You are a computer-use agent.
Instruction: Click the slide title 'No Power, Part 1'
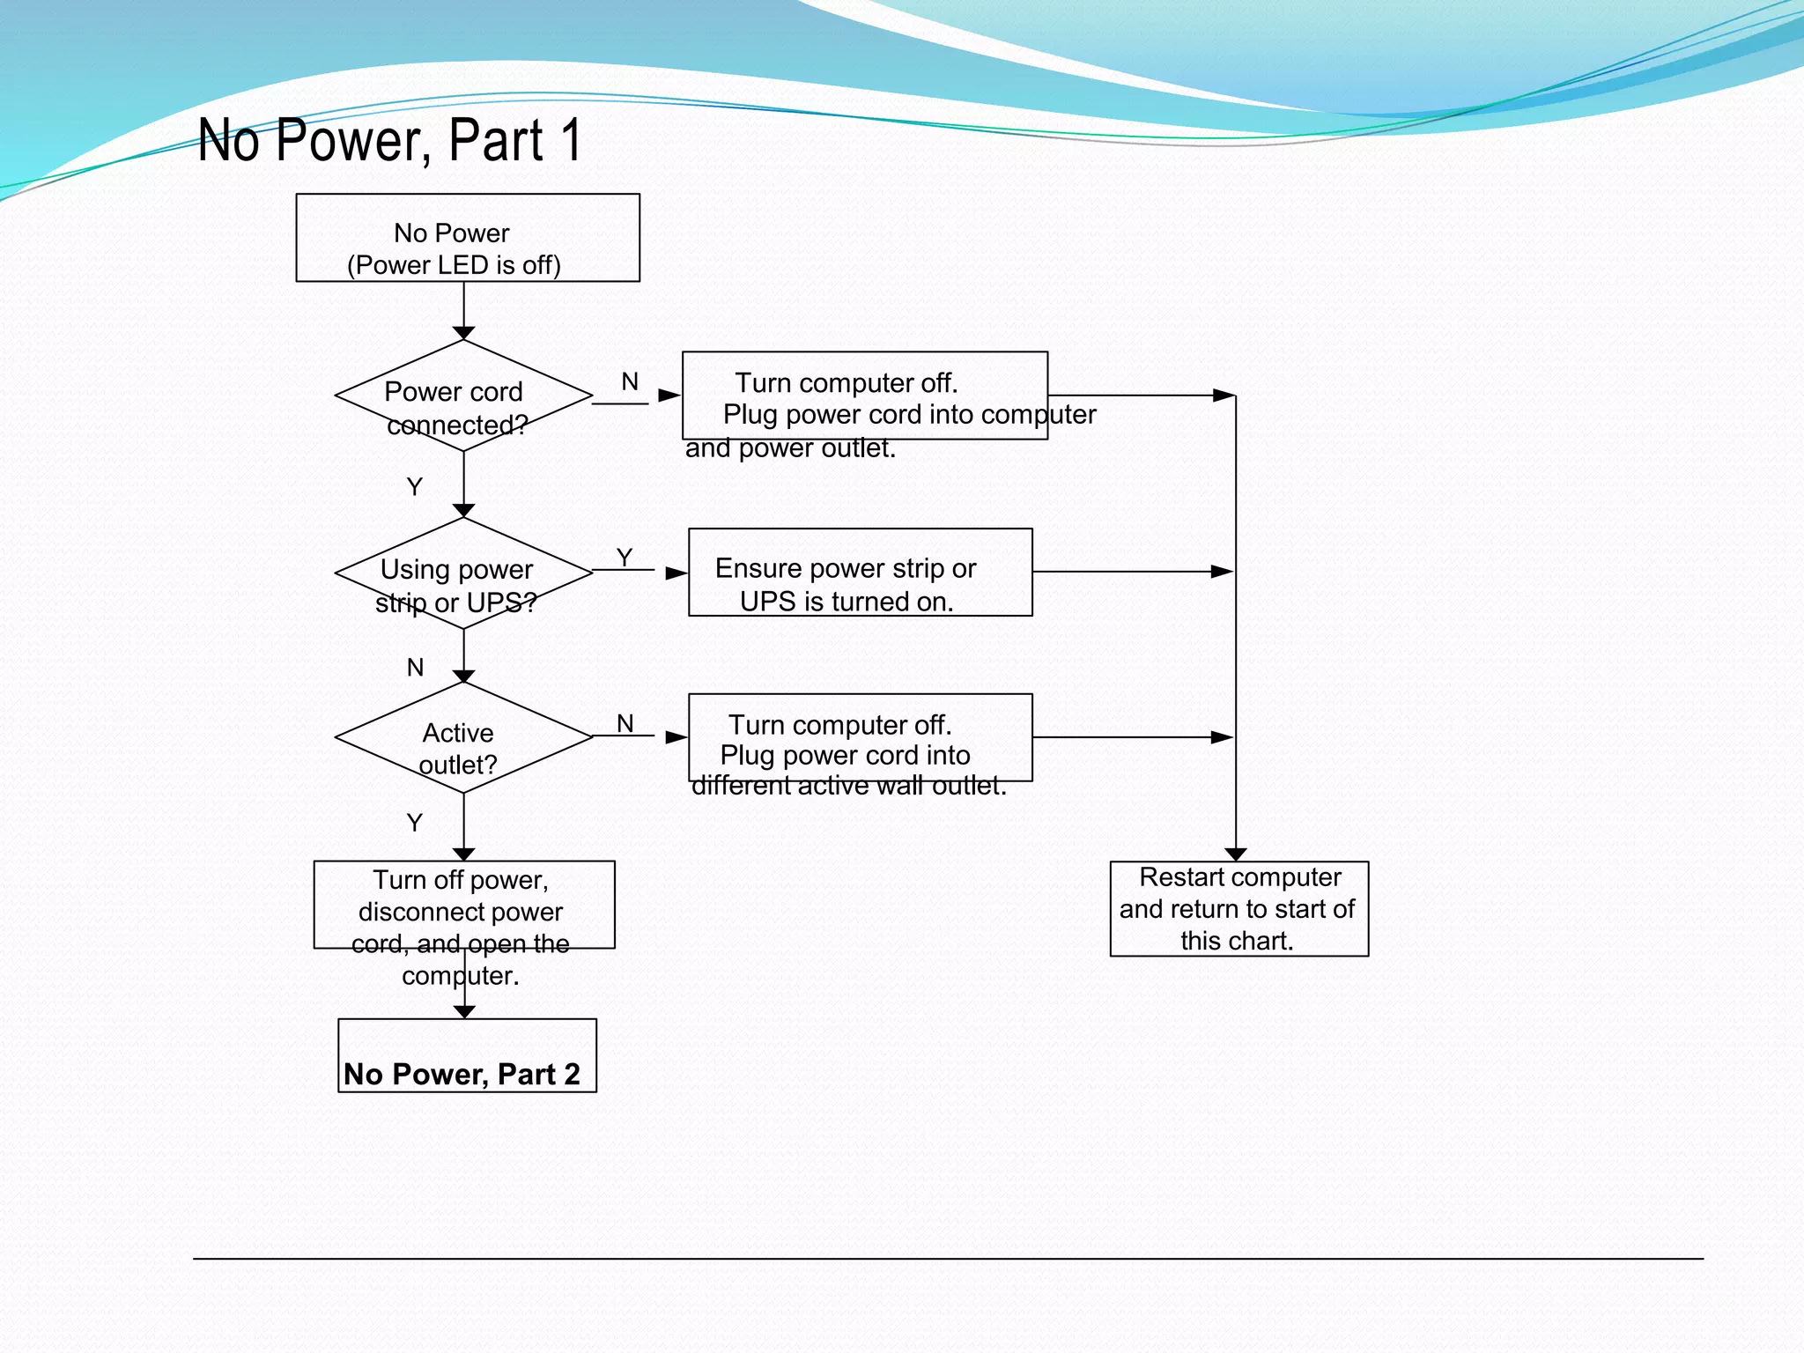pos(389,140)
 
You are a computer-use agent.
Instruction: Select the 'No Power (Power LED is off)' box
pos(468,238)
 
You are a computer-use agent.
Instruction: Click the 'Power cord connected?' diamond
pos(463,396)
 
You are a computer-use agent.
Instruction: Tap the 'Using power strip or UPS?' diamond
pos(463,573)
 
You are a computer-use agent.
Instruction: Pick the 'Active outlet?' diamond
pos(463,738)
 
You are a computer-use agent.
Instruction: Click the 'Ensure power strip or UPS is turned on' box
pos(860,573)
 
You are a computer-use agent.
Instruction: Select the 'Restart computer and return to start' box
pos(1238,908)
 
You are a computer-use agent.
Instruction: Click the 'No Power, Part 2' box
pos(467,1056)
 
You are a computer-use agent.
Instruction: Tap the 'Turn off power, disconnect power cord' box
pos(464,905)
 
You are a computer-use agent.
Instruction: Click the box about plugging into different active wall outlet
pos(860,738)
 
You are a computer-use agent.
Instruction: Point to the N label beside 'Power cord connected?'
pos(629,381)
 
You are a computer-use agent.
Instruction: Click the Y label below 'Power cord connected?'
pos(415,486)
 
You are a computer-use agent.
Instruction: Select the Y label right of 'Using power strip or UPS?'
pos(625,557)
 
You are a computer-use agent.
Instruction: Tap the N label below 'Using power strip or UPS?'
pos(415,668)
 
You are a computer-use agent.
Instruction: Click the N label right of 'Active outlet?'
pos(625,723)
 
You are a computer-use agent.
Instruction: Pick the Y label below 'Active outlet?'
pos(415,823)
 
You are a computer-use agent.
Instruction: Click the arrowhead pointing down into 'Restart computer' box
pos(1236,854)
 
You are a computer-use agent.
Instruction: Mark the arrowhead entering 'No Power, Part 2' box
pos(464,1012)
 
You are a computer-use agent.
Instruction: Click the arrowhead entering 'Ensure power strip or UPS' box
pos(676,573)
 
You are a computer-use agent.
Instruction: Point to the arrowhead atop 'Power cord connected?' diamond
pos(464,333)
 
